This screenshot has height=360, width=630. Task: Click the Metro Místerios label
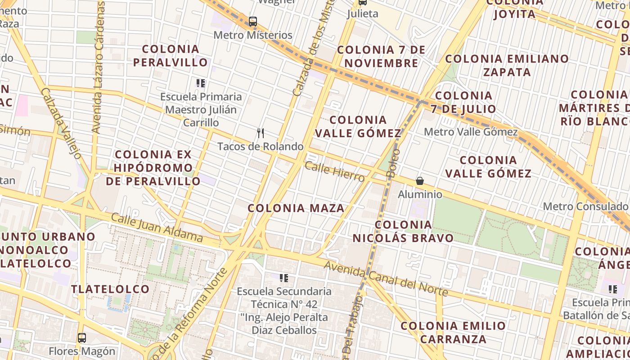tap(252, 35)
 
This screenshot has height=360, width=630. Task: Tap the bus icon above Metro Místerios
tap(252, 21)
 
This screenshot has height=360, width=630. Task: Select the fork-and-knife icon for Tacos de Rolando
tap(260, 133)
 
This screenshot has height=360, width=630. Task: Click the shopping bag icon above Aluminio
tap(420, 181)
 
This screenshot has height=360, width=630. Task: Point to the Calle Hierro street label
tap(334, 172)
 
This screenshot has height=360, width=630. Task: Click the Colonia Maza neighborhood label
tap(296, 208)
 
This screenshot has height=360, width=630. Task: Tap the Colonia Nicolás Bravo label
tap(403, 231)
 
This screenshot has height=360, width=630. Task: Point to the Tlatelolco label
tap(110, 289)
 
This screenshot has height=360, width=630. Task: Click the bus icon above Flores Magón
tap(81, 337)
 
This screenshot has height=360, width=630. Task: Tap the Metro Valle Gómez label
tap(471, 132)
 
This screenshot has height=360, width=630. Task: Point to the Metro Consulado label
tap(585, 207)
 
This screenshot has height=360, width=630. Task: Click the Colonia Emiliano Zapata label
tap(507, 65)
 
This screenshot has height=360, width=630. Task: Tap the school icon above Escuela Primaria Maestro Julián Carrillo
tap(201, 83)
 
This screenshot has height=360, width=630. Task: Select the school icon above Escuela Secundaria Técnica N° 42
tap(283, 278)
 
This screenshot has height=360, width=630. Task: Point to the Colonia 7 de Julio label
tap(463, 102)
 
